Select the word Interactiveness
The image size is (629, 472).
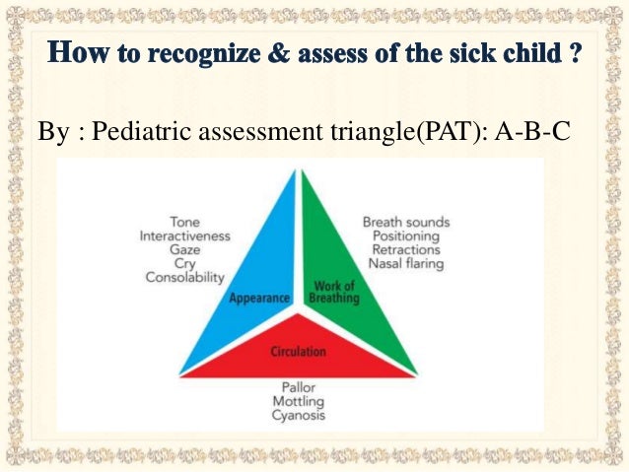point(184,236)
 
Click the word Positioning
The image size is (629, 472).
point(405,236)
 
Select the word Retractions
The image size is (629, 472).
point(404,250)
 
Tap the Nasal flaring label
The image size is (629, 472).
point(405,264)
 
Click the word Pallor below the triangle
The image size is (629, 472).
point(298,387)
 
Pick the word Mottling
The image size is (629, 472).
point(298,401)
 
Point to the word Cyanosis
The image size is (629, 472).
point(298,415)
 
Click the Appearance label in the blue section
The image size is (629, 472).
point(259,297)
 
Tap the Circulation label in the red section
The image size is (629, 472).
point(299,351)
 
